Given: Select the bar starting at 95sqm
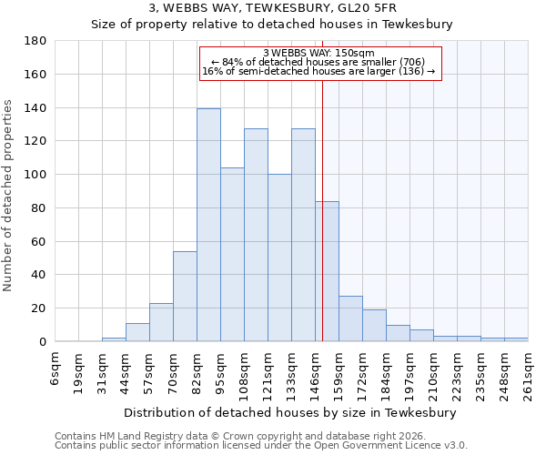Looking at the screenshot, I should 232,255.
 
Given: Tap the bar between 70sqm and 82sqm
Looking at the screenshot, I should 185,296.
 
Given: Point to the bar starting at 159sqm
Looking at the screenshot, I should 350,318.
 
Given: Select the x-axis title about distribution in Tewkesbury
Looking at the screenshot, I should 290,412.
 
